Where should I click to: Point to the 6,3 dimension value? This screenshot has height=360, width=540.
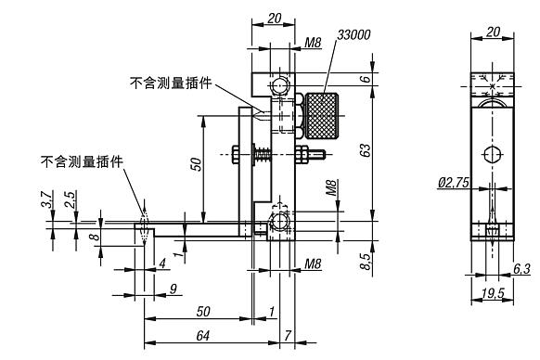coord(521,269)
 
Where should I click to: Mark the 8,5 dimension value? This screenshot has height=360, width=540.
coord(366,263)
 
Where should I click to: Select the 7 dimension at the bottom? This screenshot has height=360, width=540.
coord(288,334)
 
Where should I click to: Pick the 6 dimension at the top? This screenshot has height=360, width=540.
coord(366,79)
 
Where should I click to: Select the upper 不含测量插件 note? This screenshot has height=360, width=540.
coord(171,83)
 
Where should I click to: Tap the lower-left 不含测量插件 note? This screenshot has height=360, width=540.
coord(82,161)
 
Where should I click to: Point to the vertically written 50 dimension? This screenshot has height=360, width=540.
coord(195,164)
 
